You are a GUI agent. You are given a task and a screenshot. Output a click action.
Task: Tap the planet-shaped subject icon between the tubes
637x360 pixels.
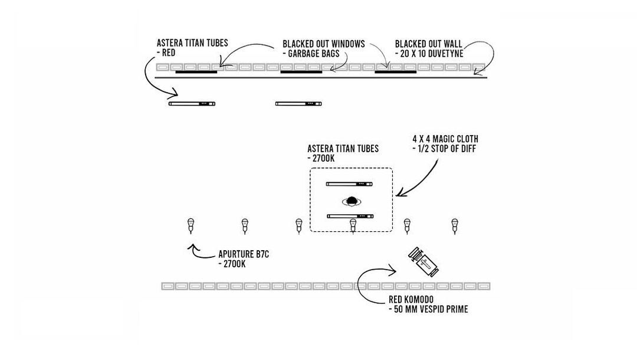(353, 201)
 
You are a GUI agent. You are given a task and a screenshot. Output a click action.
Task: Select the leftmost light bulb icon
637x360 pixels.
(191, 224)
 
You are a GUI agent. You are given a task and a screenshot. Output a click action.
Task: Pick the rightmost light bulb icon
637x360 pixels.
(455, 224)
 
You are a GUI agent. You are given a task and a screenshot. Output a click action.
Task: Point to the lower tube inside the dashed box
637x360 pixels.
(350, 216)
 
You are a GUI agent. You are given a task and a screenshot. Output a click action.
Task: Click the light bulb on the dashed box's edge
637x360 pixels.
(353, 225)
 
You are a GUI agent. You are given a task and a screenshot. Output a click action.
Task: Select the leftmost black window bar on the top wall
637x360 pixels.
(196, 73)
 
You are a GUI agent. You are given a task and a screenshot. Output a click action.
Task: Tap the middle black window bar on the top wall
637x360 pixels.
(301, 73)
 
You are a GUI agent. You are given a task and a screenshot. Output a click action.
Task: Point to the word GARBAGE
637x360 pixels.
(307, 53)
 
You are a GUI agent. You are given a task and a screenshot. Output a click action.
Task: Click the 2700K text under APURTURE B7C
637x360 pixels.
(232, 264)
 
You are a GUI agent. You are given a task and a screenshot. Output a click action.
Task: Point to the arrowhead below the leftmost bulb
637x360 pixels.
(191, 246)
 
